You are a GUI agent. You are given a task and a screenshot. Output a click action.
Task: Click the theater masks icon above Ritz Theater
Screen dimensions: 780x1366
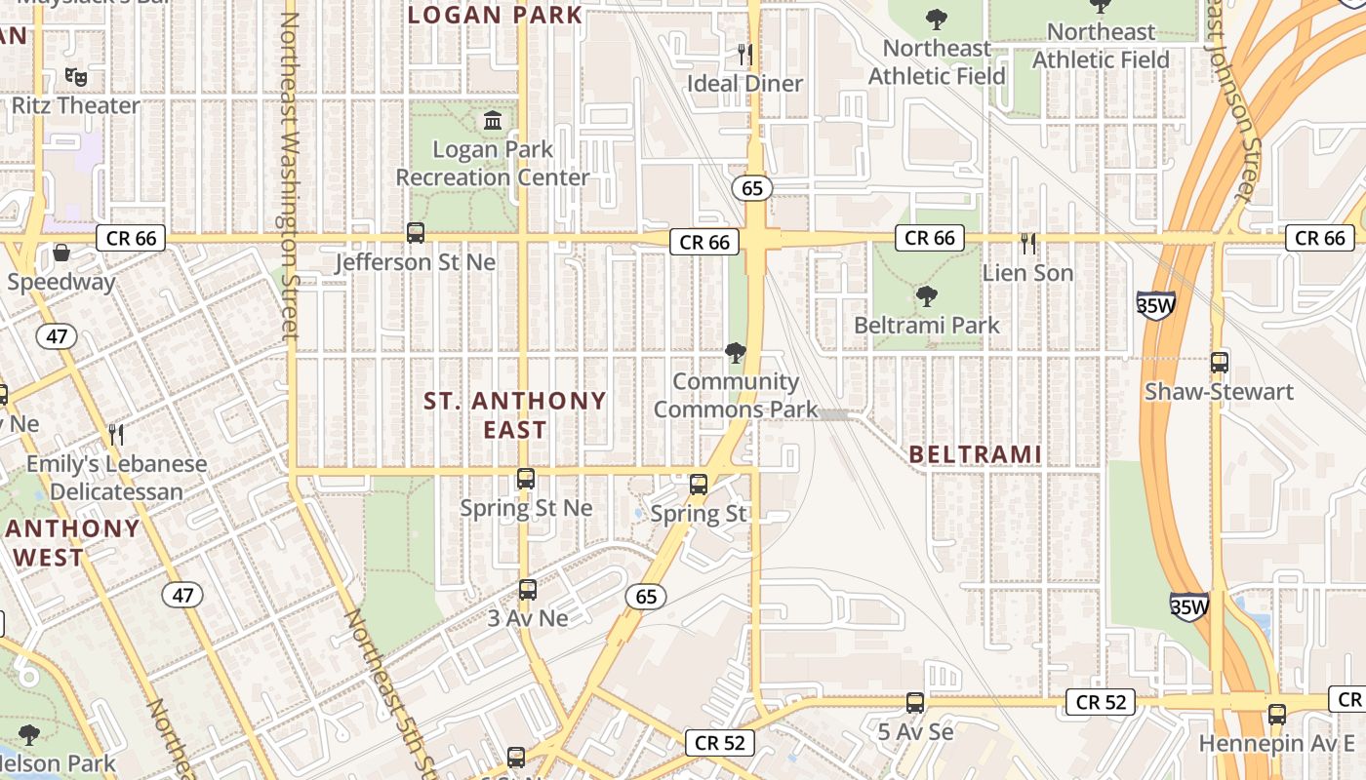pyautogui.click(x=75, y=75)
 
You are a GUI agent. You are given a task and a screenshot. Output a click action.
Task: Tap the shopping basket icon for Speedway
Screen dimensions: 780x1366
pyautogui.click(x=61, y=253)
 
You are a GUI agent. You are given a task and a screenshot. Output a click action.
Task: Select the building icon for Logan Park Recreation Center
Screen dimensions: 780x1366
pyautogui.click(x=493, y=121)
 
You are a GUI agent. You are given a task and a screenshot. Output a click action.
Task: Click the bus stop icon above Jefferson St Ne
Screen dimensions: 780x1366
pyautogui.click(x=416, y=233)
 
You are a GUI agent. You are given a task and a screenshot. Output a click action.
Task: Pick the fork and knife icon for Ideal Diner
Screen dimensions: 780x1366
pyautogui.click(x=745, y=54)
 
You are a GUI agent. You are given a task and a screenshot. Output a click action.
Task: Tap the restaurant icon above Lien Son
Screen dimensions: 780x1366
pyautogui.click(x=1027, y=244)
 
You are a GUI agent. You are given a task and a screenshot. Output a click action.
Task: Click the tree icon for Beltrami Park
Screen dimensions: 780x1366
pyautogui.click(x=926, y=295)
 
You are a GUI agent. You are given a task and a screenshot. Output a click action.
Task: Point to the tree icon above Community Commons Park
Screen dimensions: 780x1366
pyautogui.click(x=736, y=352)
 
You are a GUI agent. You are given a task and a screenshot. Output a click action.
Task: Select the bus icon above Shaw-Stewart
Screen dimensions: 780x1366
pyautogui.click(x=1219, y=363)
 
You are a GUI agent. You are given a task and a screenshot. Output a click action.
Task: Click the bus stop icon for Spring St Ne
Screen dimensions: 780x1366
pyautogui.click(x=526, y=479)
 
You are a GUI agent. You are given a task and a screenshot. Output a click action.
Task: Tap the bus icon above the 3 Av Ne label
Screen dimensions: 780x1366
pyautogui.click(x=528, y=590)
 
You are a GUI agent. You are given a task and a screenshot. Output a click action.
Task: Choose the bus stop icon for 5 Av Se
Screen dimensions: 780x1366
pyautogui.click(x=915, y=702)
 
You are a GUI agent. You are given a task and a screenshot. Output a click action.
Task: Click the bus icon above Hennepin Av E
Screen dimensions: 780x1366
pyautogui.click(x=1277, y=715)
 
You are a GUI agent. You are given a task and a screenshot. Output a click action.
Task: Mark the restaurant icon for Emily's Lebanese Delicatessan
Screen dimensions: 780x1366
pyautogui.click(x=116, y=434)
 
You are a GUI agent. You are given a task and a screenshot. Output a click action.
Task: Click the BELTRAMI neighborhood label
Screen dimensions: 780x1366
pyautogui.click(x=975, y=454)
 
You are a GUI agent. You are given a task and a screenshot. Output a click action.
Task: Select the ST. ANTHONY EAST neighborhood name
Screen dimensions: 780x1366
pyautogui.click(x=515, y=414)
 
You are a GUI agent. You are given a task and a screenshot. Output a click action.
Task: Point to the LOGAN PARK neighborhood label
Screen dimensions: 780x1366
pyautogui.click(x=495, y=16)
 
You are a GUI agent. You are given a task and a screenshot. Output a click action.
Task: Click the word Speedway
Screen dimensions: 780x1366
pyautogui.click(x=61, y=283)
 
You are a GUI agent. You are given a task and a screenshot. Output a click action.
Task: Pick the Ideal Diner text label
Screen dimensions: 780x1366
pyautogui.click(x=745, y=84)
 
